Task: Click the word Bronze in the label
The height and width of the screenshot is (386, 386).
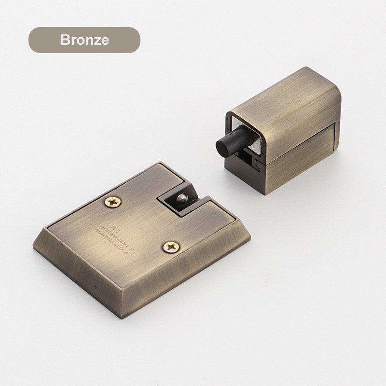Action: (84, 40)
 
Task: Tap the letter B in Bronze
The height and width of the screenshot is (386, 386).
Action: (65, 40)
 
